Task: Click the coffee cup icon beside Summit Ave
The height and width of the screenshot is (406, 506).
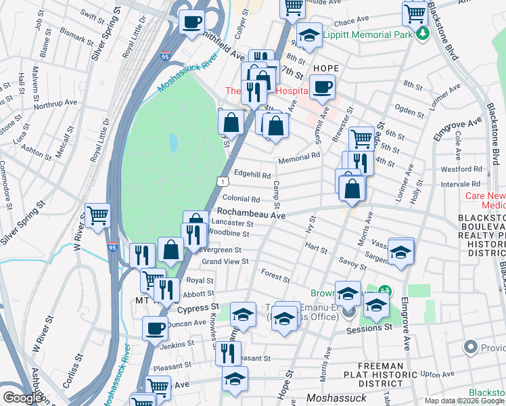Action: [323, 87]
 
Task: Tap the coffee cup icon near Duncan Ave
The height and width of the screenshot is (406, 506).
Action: [155, 328]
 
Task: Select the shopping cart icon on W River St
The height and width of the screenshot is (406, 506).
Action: [98, 215]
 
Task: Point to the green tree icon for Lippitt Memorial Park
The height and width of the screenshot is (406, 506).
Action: [423, 32]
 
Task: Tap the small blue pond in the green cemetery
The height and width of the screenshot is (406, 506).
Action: [174, 142]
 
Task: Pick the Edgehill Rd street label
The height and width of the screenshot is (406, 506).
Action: [252, 173]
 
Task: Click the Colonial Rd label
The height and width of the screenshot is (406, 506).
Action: [241, 200]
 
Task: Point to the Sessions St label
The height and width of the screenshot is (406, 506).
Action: [369, 328]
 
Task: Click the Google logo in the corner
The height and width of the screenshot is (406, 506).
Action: [22, 398]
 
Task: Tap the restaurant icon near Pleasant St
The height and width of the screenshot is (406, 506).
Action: [228, 352]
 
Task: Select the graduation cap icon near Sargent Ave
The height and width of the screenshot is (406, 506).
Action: [401, 252]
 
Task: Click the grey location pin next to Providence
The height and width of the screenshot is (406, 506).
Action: [471, 347]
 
